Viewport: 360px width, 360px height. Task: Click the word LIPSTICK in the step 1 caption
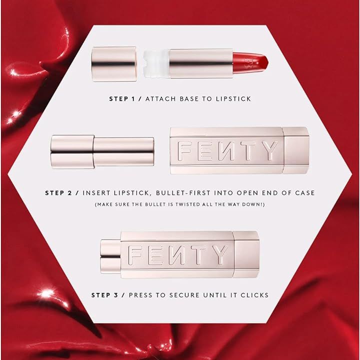[233, 99]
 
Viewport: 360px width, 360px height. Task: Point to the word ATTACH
[158, 99]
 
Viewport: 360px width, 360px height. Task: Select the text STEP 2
[58, 192]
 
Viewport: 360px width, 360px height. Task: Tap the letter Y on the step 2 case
[269, 151]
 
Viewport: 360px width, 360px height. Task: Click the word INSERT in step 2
[95, 192]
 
